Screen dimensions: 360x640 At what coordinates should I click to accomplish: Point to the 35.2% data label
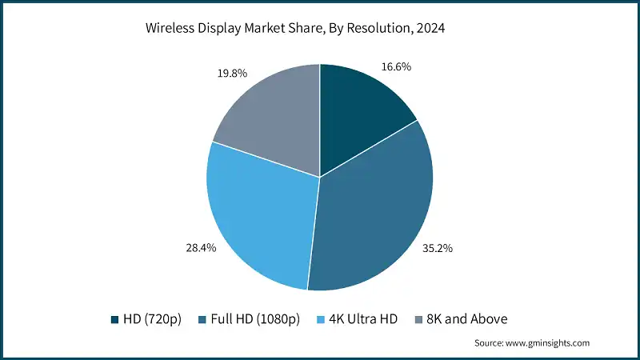click(438, 248)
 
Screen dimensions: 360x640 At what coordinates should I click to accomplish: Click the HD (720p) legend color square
click(115, 319)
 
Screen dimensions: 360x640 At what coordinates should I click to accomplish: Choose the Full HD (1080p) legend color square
click(203, 319)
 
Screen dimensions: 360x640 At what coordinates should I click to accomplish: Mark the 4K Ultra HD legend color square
click(322, 319)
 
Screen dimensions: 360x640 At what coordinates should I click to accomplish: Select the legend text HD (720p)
click(153, 319)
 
